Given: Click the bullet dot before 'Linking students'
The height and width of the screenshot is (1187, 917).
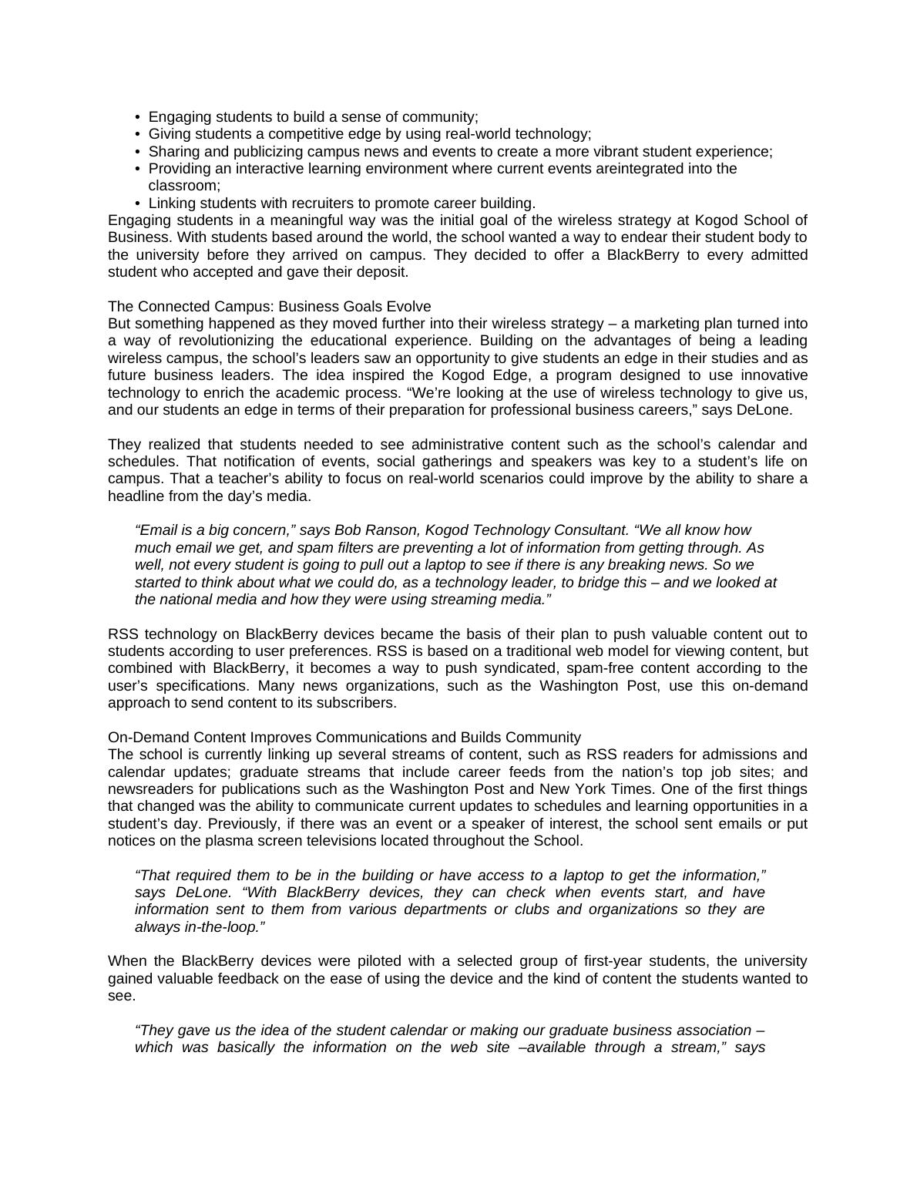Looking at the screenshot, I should [138, 203].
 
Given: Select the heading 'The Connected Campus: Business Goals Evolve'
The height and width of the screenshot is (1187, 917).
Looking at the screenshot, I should [269, 306].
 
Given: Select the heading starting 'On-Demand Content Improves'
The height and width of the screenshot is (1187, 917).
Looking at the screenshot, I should [344, 737].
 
